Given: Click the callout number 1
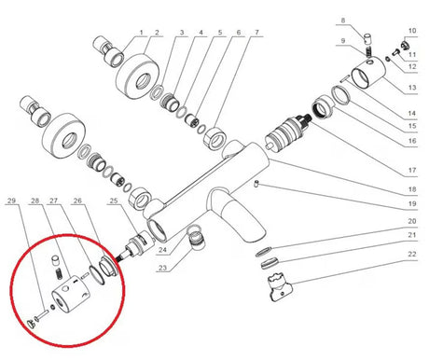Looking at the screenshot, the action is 142,33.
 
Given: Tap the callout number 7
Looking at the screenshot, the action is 257,33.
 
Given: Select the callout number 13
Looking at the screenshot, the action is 412,88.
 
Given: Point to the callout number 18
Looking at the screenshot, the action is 412,189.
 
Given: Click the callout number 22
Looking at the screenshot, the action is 412,255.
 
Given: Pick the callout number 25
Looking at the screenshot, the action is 114,201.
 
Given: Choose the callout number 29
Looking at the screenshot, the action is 11,201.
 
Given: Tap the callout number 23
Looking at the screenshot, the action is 162,268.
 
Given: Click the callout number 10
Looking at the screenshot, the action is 412,31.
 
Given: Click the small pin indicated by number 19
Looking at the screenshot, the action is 256,184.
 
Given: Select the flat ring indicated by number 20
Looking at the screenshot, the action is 264,252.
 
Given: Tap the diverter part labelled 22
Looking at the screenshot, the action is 280,286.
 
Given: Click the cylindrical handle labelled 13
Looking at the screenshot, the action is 368,72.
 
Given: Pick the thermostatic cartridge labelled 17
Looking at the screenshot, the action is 287,132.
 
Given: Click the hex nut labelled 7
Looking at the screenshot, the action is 215,138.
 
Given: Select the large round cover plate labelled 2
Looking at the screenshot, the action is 138,76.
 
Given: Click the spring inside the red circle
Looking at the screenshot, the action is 59,273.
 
